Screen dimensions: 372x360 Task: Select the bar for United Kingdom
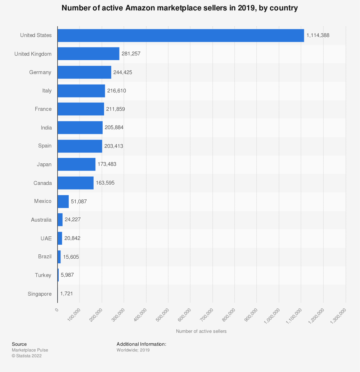89,54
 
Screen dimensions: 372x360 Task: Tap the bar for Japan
77,164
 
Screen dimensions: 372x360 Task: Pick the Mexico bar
63,201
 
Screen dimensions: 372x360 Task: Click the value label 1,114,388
318,35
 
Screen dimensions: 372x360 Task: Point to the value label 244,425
123,72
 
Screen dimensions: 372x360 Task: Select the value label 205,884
114,127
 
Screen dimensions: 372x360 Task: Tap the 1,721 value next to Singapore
67,294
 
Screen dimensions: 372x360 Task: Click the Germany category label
40,72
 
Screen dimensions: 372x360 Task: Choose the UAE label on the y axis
46,238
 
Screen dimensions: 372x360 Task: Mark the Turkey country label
43,275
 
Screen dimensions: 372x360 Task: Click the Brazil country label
45,257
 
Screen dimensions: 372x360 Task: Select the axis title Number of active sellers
201,331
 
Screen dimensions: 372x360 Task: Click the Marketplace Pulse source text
30,350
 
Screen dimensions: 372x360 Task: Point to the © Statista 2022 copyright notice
27,356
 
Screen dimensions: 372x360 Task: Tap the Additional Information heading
141,344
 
